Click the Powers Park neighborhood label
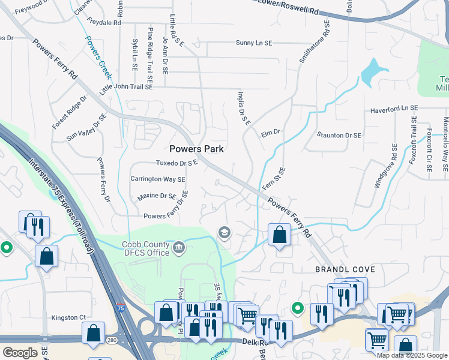pyautogui.click(x=197, y=149)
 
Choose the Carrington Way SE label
pyautogui.click(x=158, y=179)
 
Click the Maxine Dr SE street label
pyautogui.click(x=157, y=196)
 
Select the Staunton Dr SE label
pyautogui.click(x=339, y=136)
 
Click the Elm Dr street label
pyautogui.click(x=271, y=133)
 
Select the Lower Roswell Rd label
pyautogui.click(x=289, y=5)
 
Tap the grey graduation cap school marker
pyautogui.click(x=224, y=233)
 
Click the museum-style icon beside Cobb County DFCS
pyautogui.click(x=179, y=248)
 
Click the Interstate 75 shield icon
pyautogui.click(x=122, y=308)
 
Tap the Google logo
pyautogui.click(x=20, y=353)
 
